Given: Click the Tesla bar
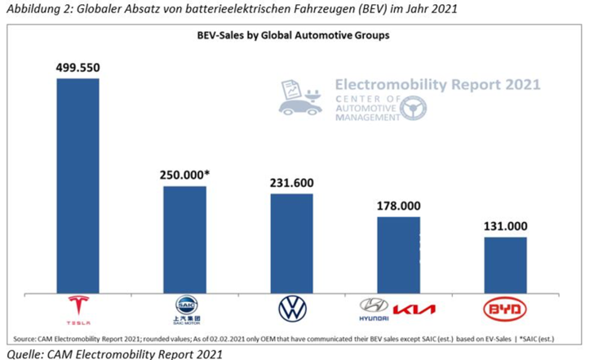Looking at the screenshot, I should [x=78, y=184].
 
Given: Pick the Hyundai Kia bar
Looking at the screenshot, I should [x=398, y=254].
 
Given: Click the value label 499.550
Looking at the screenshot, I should [x=78, y=67].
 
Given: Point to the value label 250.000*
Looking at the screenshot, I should [x=187, y=175].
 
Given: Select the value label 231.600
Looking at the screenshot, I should [x=291, y=182].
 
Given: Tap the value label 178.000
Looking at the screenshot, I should [x=398, y=205].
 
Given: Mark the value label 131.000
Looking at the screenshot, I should [x=505, y=226].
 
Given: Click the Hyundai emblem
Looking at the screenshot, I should [x=374, y=305].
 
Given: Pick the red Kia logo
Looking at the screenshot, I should [x=415, y=309].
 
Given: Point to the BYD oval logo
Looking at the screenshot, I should [x=505, y=309].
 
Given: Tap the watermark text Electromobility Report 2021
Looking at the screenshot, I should [x=437, y=84].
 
